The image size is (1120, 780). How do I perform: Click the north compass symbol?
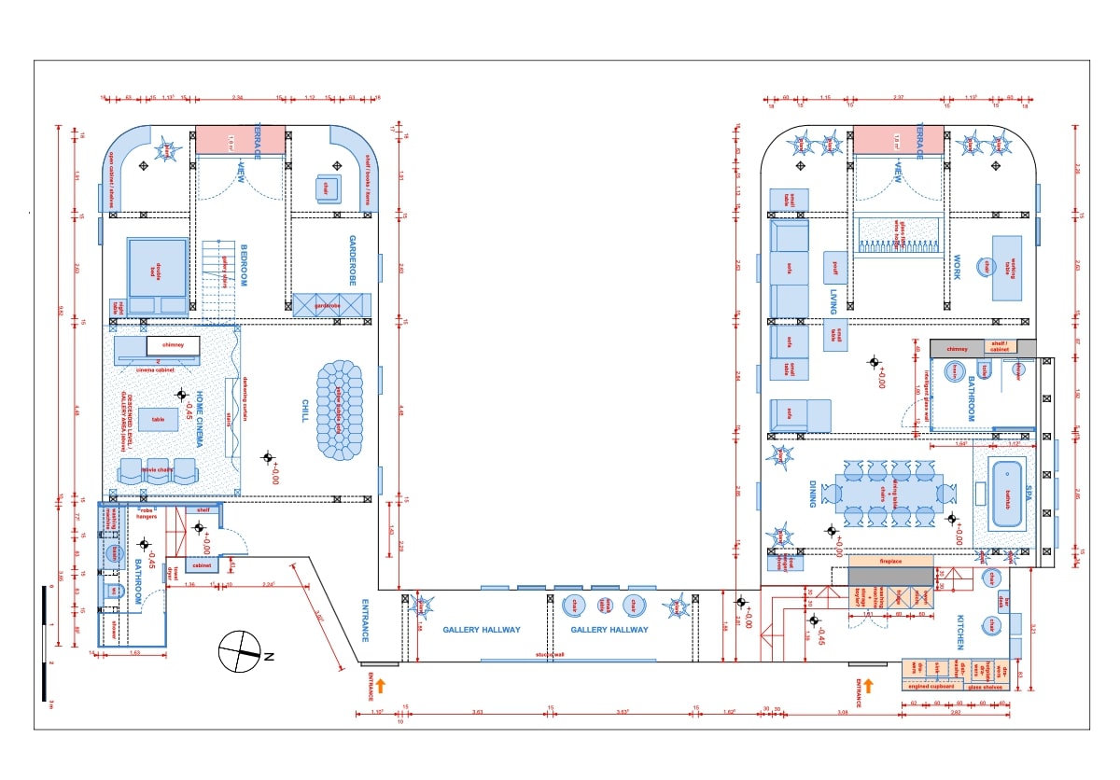coord(241,650)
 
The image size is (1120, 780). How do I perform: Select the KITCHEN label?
coord(960,632)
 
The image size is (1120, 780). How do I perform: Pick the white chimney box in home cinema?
coord(173,344)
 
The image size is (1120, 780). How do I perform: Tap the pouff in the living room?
coord(835,267)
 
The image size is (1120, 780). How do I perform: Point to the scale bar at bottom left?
coord(46,643)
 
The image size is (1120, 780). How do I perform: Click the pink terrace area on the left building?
coord(240,141)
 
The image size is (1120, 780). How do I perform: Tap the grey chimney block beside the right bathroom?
coord(958,348)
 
